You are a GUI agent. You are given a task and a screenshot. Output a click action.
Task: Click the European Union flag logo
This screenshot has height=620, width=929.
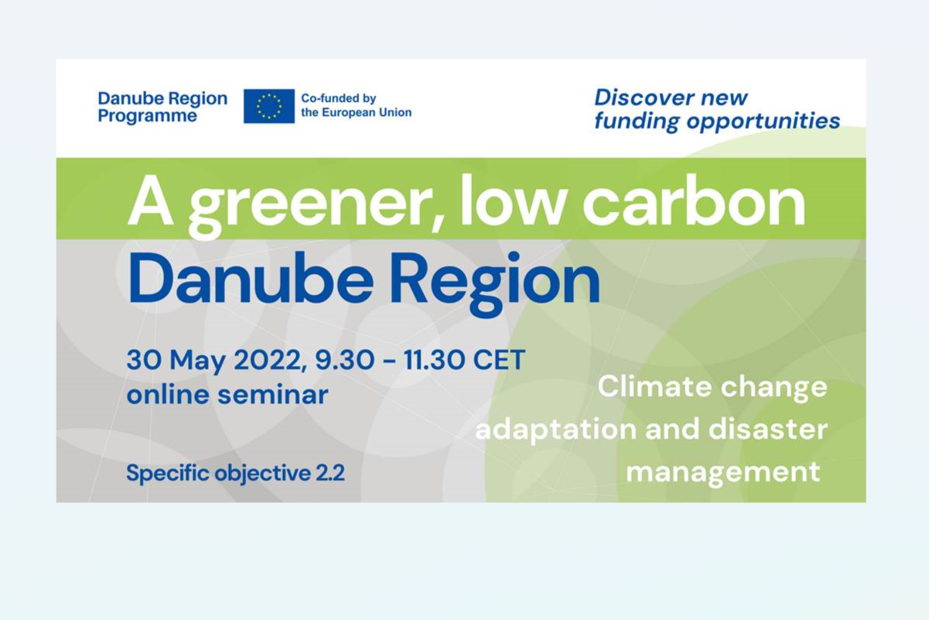(x=269, y=106)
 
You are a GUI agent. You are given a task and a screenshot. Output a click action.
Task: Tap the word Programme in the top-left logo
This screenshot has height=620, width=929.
(x=148, y=116)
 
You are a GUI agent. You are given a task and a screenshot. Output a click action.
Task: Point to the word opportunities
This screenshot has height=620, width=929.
(x=763, y=122)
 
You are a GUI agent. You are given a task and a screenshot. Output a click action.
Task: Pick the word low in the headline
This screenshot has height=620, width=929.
(x=513, y=200)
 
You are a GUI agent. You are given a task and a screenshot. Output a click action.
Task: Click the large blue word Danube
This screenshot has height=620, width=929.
(x=251, y=278)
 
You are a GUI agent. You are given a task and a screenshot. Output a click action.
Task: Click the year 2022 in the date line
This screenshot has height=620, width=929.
(x=267, y=360)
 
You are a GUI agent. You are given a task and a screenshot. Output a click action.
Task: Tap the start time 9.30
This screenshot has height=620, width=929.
(x=345, y=360)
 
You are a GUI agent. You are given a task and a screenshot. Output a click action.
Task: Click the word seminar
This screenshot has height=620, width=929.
(x=273, y=394)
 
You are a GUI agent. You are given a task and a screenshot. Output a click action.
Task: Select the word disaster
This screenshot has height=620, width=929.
(x=767, y=429)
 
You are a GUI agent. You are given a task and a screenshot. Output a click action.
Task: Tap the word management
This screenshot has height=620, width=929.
(x=723, y=473)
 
